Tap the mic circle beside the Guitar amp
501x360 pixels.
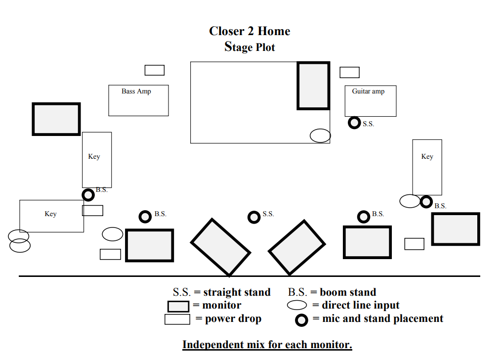click(x=354, y=123)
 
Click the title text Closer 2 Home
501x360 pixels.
click(x=250, y=31)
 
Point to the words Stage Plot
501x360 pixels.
click(x=250, y=47)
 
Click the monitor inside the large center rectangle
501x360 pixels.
click(x=313, y=86)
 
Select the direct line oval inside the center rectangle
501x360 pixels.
click(x=320, y=135)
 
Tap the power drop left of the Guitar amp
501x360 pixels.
click(x=349, y=72)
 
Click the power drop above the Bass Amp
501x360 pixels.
click(x=154, y=70)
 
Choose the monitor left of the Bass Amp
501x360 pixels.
click(x=56, y=119)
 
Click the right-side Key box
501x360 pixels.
click(x=427, y=167)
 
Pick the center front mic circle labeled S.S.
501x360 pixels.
click(x=254, y=217)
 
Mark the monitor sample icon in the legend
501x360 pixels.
click(x=178, y=306)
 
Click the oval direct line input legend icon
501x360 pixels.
click(x=297, y=306)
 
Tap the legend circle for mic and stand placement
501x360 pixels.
click(x=302, y=320)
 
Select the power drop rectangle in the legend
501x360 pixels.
click(x=177, y=319)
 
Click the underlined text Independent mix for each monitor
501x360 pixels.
click(x=267, y=344)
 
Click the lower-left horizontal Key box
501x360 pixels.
click(x=51, y=216)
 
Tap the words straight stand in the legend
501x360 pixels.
click(x=237, y=292)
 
